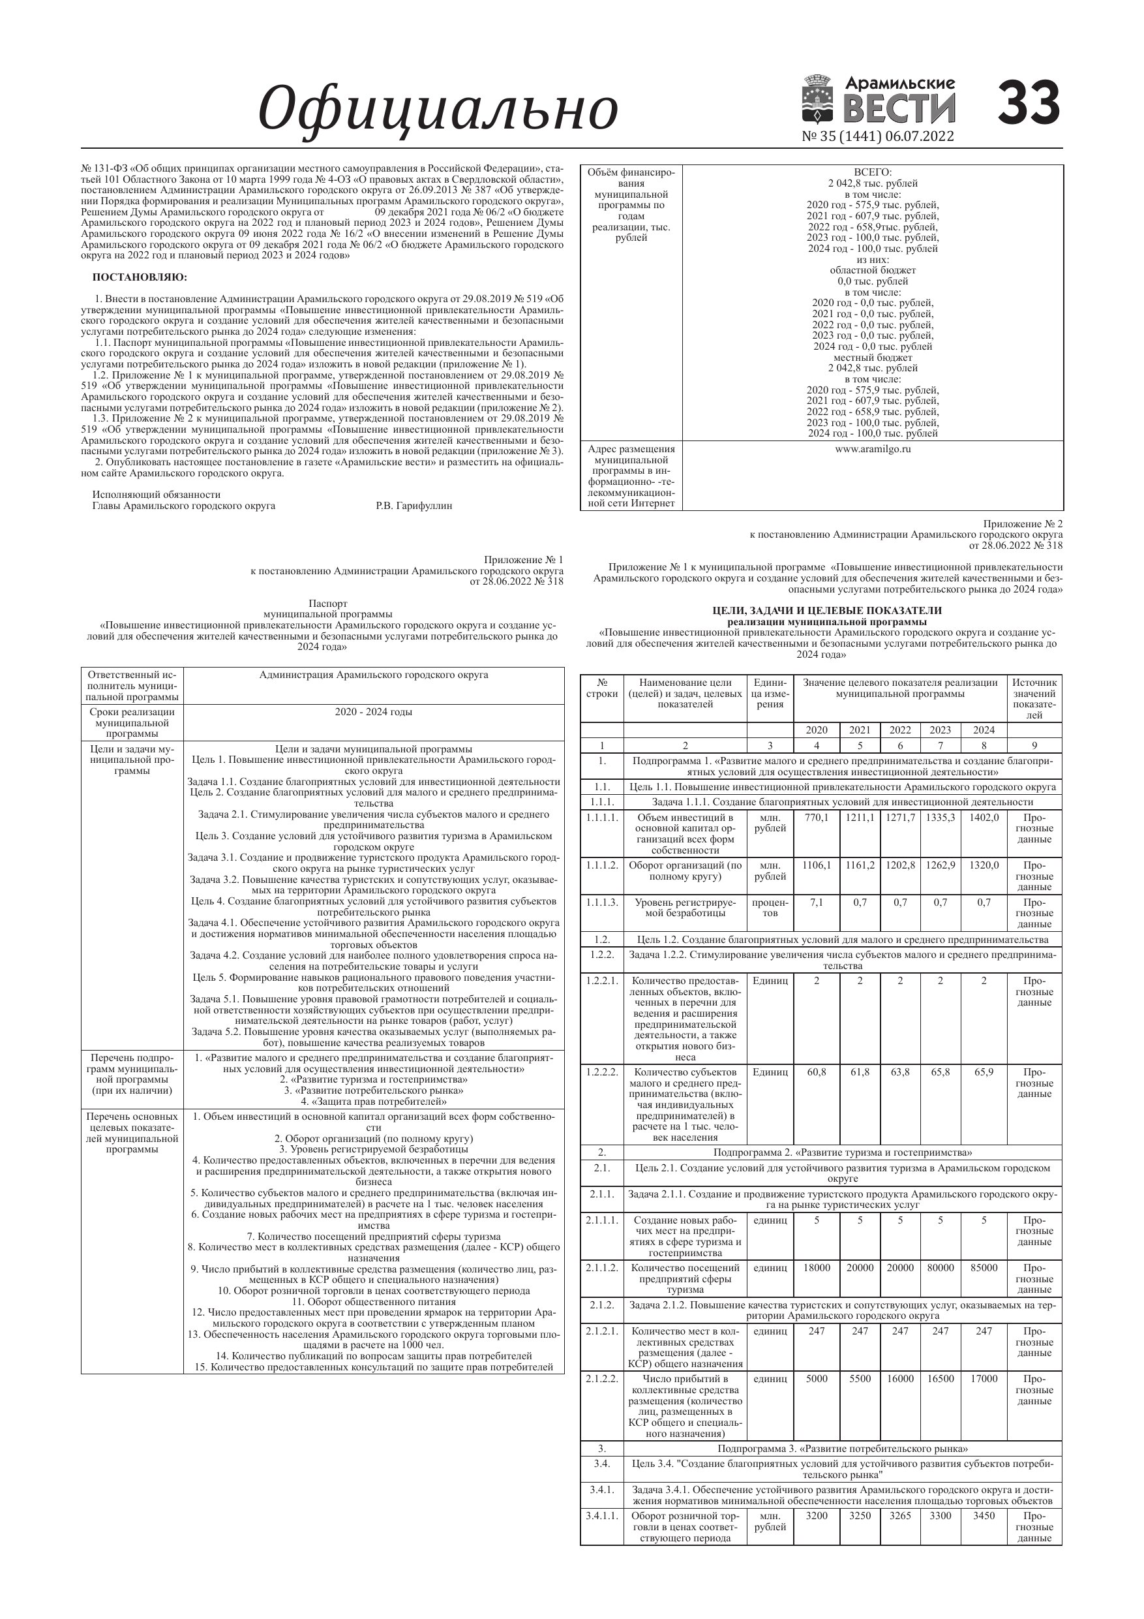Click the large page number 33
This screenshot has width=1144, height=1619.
[x=1029, y=103]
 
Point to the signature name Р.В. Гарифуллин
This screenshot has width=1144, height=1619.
[x=414, y=506]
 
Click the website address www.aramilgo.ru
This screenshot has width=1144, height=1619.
[x=873, y=449]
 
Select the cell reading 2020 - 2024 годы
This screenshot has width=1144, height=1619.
[x=374, y=711]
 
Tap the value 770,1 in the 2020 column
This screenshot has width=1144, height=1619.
[x=816, y=817]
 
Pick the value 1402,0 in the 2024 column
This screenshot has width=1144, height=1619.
[x=984, y=817]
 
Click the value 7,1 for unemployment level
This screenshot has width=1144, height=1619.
[x=816, y=902]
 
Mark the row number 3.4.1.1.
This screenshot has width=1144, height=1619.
[x=601, y=1515]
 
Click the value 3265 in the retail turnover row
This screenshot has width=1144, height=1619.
[x=899, y=1515]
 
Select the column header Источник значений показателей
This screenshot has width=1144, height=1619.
[x=1033, y=698]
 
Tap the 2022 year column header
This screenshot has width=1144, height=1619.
[x=899, y=730]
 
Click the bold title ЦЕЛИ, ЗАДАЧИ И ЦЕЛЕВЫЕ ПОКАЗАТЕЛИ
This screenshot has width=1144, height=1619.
[x=827, y=611]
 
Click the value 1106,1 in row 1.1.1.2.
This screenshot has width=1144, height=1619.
[x=816, y=865]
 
